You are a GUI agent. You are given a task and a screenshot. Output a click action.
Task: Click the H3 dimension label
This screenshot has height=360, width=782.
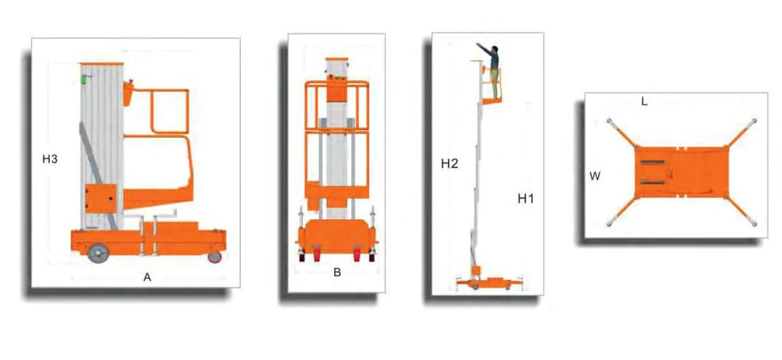[x=50, y=159]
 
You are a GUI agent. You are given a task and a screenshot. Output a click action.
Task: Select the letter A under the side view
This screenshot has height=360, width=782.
[x=147, y=277]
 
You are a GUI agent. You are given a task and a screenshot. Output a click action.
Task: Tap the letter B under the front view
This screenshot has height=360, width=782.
[x=337, y=272]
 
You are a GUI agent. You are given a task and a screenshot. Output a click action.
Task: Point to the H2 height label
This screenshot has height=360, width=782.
[x=449, y=163]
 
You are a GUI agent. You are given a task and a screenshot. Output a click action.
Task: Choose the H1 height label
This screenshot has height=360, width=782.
[x=526, y=199]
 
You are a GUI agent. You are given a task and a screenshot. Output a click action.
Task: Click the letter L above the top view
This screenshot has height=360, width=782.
[x=644, y=102]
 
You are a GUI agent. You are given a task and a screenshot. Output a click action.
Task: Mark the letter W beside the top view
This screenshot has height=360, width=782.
[x=595, y=176]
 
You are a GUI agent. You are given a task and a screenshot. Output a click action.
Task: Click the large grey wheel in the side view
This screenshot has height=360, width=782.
[x=98, y=253]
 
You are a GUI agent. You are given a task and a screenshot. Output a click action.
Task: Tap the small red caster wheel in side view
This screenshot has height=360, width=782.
[x=215, y=256]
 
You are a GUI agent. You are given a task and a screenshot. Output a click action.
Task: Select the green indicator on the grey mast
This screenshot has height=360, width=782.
[x=84, y=80]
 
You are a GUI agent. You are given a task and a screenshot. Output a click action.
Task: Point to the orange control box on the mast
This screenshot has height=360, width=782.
[x=101, y=198]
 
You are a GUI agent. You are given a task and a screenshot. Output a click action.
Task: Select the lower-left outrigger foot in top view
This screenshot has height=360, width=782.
[x=609, y=223]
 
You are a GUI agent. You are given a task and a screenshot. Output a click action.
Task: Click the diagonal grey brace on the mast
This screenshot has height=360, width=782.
[x=97, y=176]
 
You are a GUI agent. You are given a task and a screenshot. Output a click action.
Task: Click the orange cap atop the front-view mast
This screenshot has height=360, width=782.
[x=337, y=59]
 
